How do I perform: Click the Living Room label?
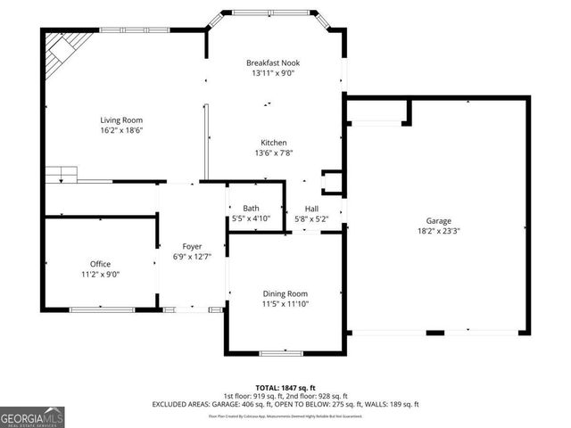pos(120,119)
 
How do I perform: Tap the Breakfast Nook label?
pos(273,63)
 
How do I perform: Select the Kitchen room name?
pos(273,143)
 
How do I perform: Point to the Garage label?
pos(437,220)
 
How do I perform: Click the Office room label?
pos(100,264)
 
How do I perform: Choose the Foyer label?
pos(192,246)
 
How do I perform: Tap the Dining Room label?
pos(285,293)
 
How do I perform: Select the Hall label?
pos(312,209)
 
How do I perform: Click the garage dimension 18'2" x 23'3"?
pos(437,231)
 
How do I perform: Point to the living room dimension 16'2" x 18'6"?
pos(120,130)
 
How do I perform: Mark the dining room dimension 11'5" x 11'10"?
pos(285,304)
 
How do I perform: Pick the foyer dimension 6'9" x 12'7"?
pos(192,257)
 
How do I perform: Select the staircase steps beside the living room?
pos(63,173)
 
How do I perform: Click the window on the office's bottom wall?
pos(100,309)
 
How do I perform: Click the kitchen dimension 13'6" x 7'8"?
pos(273,152)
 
